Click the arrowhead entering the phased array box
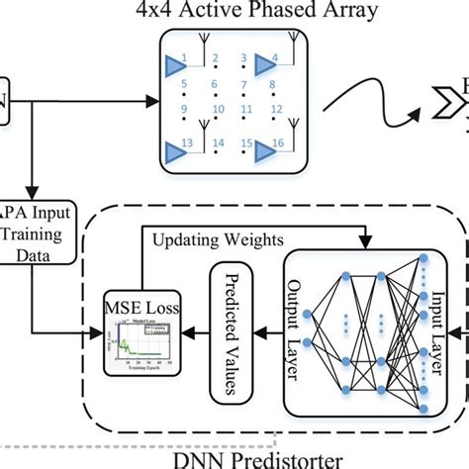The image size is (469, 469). tap(153, 101)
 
